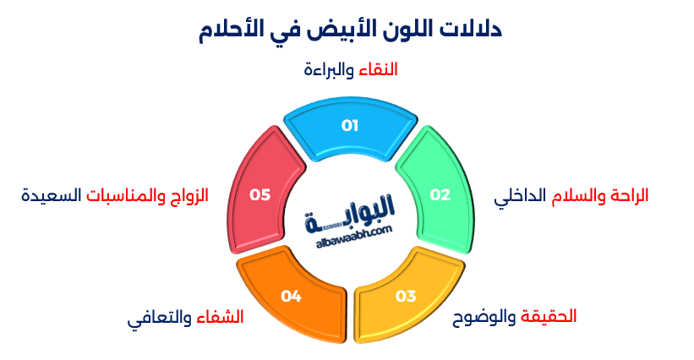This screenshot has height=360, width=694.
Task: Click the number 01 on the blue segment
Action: (350, 126)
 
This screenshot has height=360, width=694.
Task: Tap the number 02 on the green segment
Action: (440, 194)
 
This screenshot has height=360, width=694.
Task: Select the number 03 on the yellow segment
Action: (406, 296)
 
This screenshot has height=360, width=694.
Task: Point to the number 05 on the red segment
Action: (260, 194)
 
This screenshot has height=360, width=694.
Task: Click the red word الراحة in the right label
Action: (627, 194)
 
